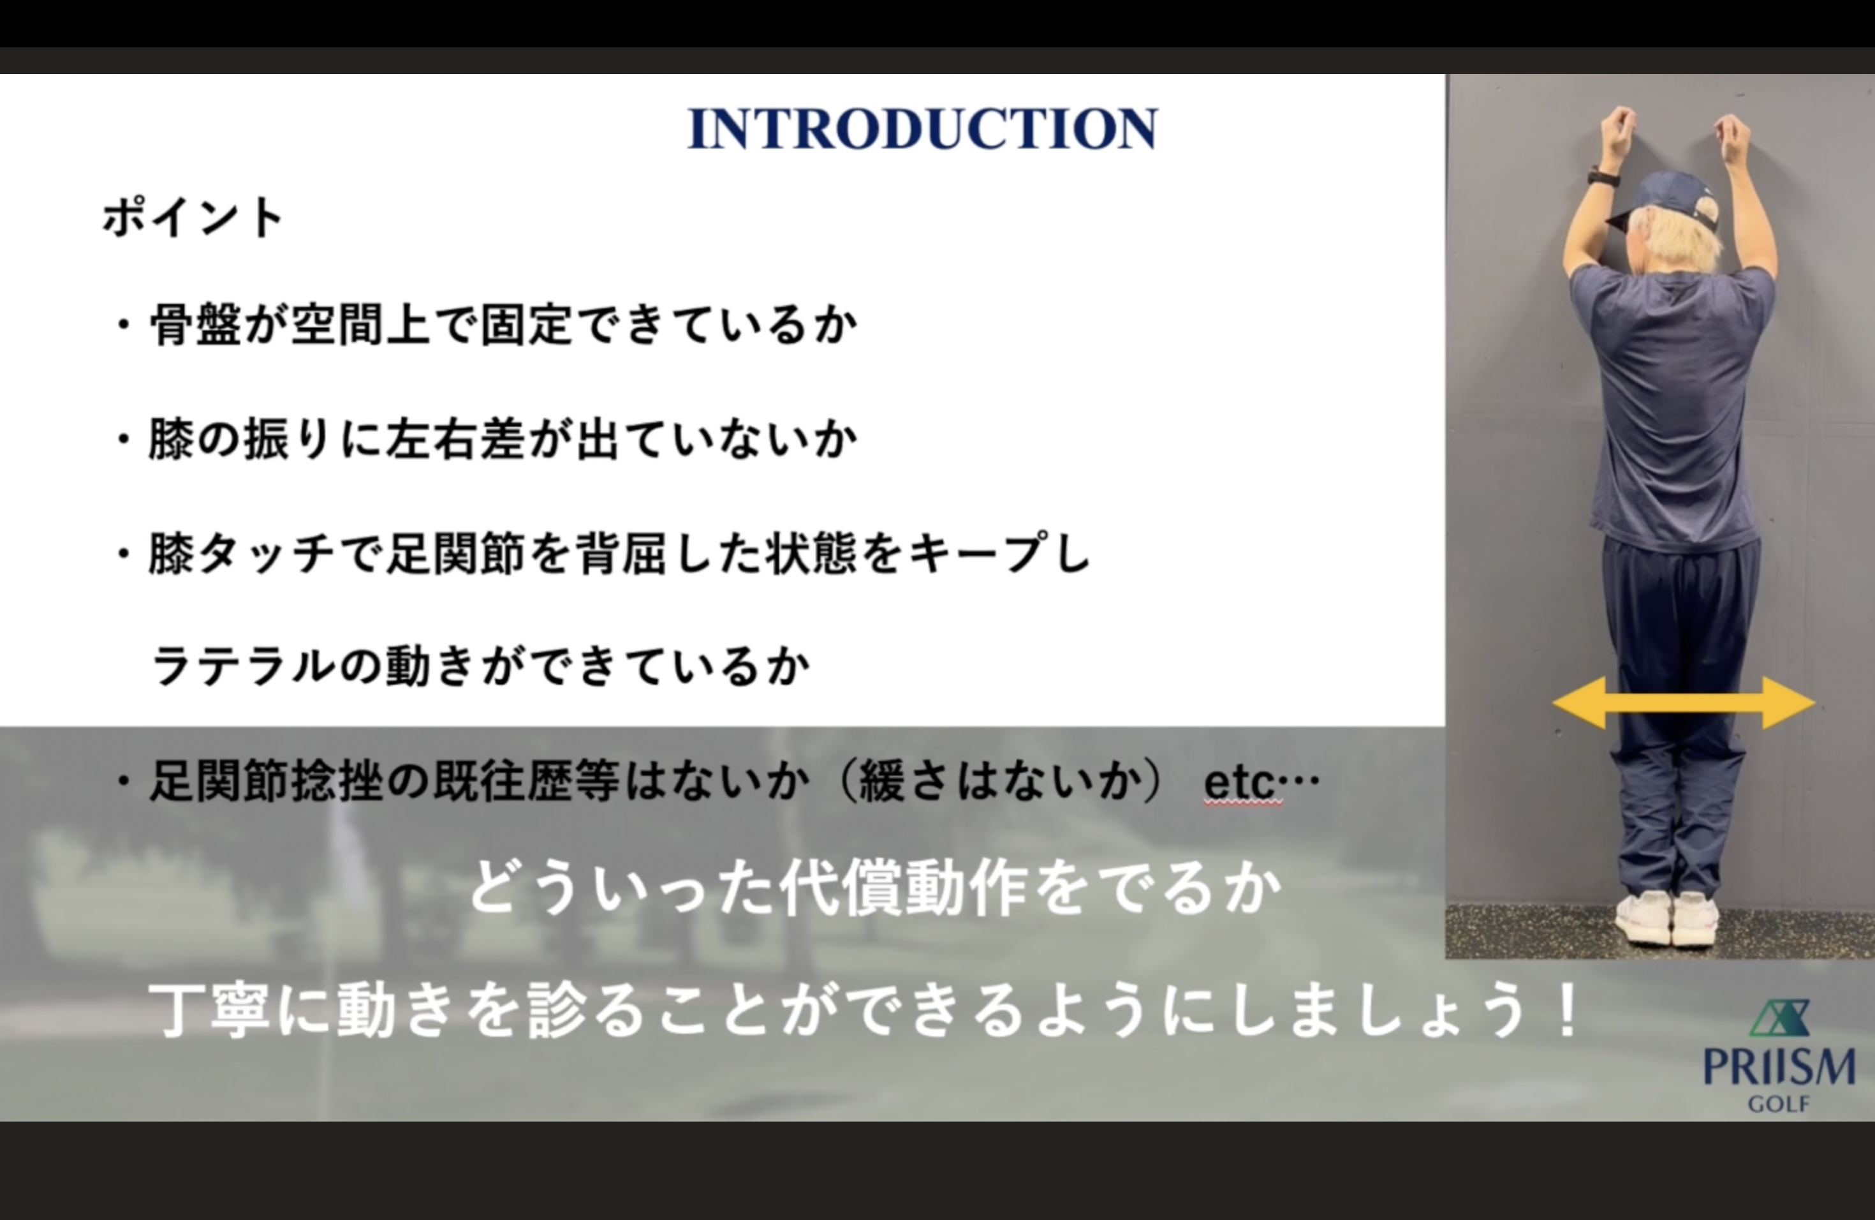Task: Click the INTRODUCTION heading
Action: point(923,128)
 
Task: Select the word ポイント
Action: point(193,218)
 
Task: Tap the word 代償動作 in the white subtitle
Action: point(904,889)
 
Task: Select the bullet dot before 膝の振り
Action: point(123,440)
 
